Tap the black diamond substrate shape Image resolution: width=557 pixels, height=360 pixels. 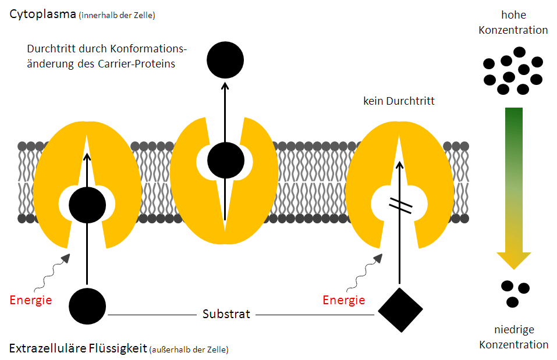click(400, 310)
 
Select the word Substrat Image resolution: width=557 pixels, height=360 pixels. click(226, 315)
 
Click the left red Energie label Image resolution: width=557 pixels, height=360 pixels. click(31, 300)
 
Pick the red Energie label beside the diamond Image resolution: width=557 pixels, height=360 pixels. click(344, 300)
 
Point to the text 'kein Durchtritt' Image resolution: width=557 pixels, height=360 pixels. click(398, 101)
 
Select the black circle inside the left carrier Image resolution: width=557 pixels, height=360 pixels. click(87, 205)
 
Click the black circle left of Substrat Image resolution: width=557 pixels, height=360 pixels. click(87, 306)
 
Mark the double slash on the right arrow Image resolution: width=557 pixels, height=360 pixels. click(400, 205)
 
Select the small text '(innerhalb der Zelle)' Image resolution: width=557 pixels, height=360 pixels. click(116, 16)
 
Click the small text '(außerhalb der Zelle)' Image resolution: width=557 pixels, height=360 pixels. click(189, 350)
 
